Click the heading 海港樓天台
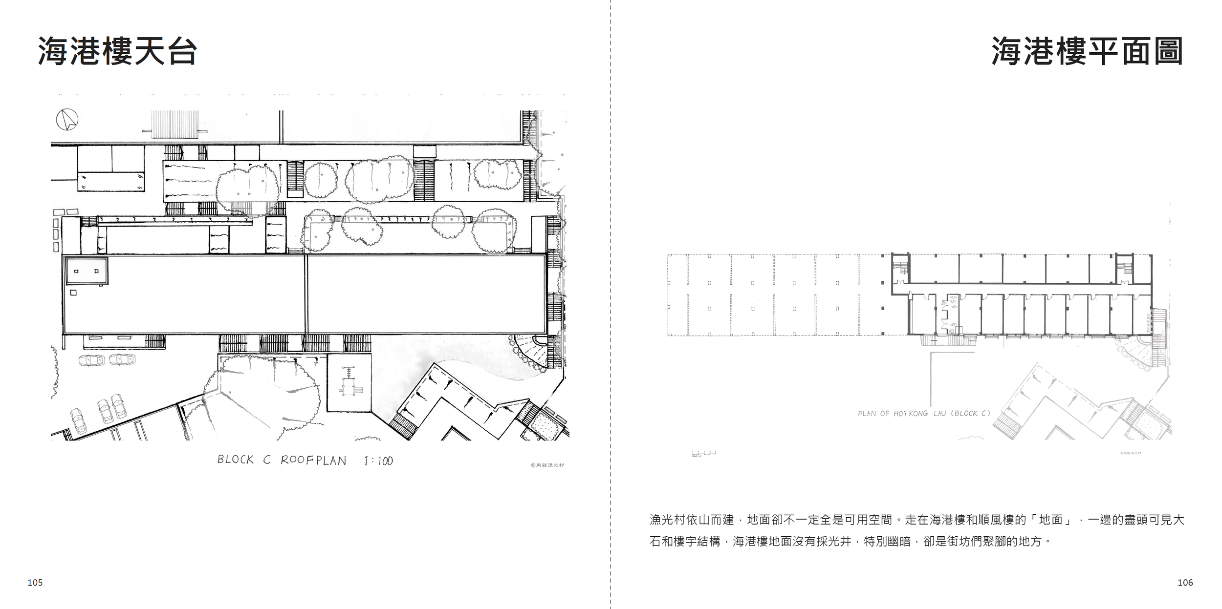pos(117,51)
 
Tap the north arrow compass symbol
pos(67,119)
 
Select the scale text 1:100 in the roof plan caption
pos(378,461)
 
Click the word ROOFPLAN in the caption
pos(313,461)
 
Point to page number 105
pos(35,582)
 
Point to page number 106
pos(1185,582)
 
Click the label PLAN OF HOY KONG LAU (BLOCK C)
pos(924,413)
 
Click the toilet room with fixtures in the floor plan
pos(949,315)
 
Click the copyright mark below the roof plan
pos(547,465)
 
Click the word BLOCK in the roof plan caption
pos(236,460)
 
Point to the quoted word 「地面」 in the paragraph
pos(1051,520)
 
